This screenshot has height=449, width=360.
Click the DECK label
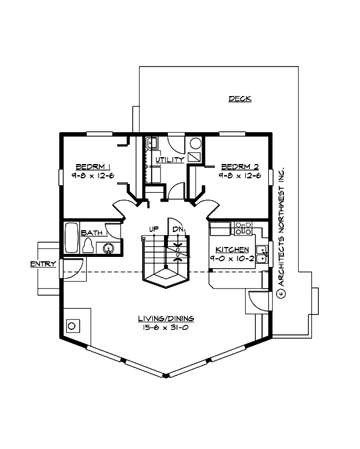[240, 99]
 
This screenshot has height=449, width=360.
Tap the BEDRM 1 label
[93, 167]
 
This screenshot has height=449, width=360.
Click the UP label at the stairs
[153, 229]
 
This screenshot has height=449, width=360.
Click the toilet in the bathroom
[89, 247]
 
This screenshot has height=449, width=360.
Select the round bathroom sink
[109, 249]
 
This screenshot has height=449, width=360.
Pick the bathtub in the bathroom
[71, 238]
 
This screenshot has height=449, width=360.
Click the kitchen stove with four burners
[243, 228]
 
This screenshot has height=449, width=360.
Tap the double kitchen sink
[263, 255]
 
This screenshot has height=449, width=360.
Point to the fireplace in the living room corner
[73, 326]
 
